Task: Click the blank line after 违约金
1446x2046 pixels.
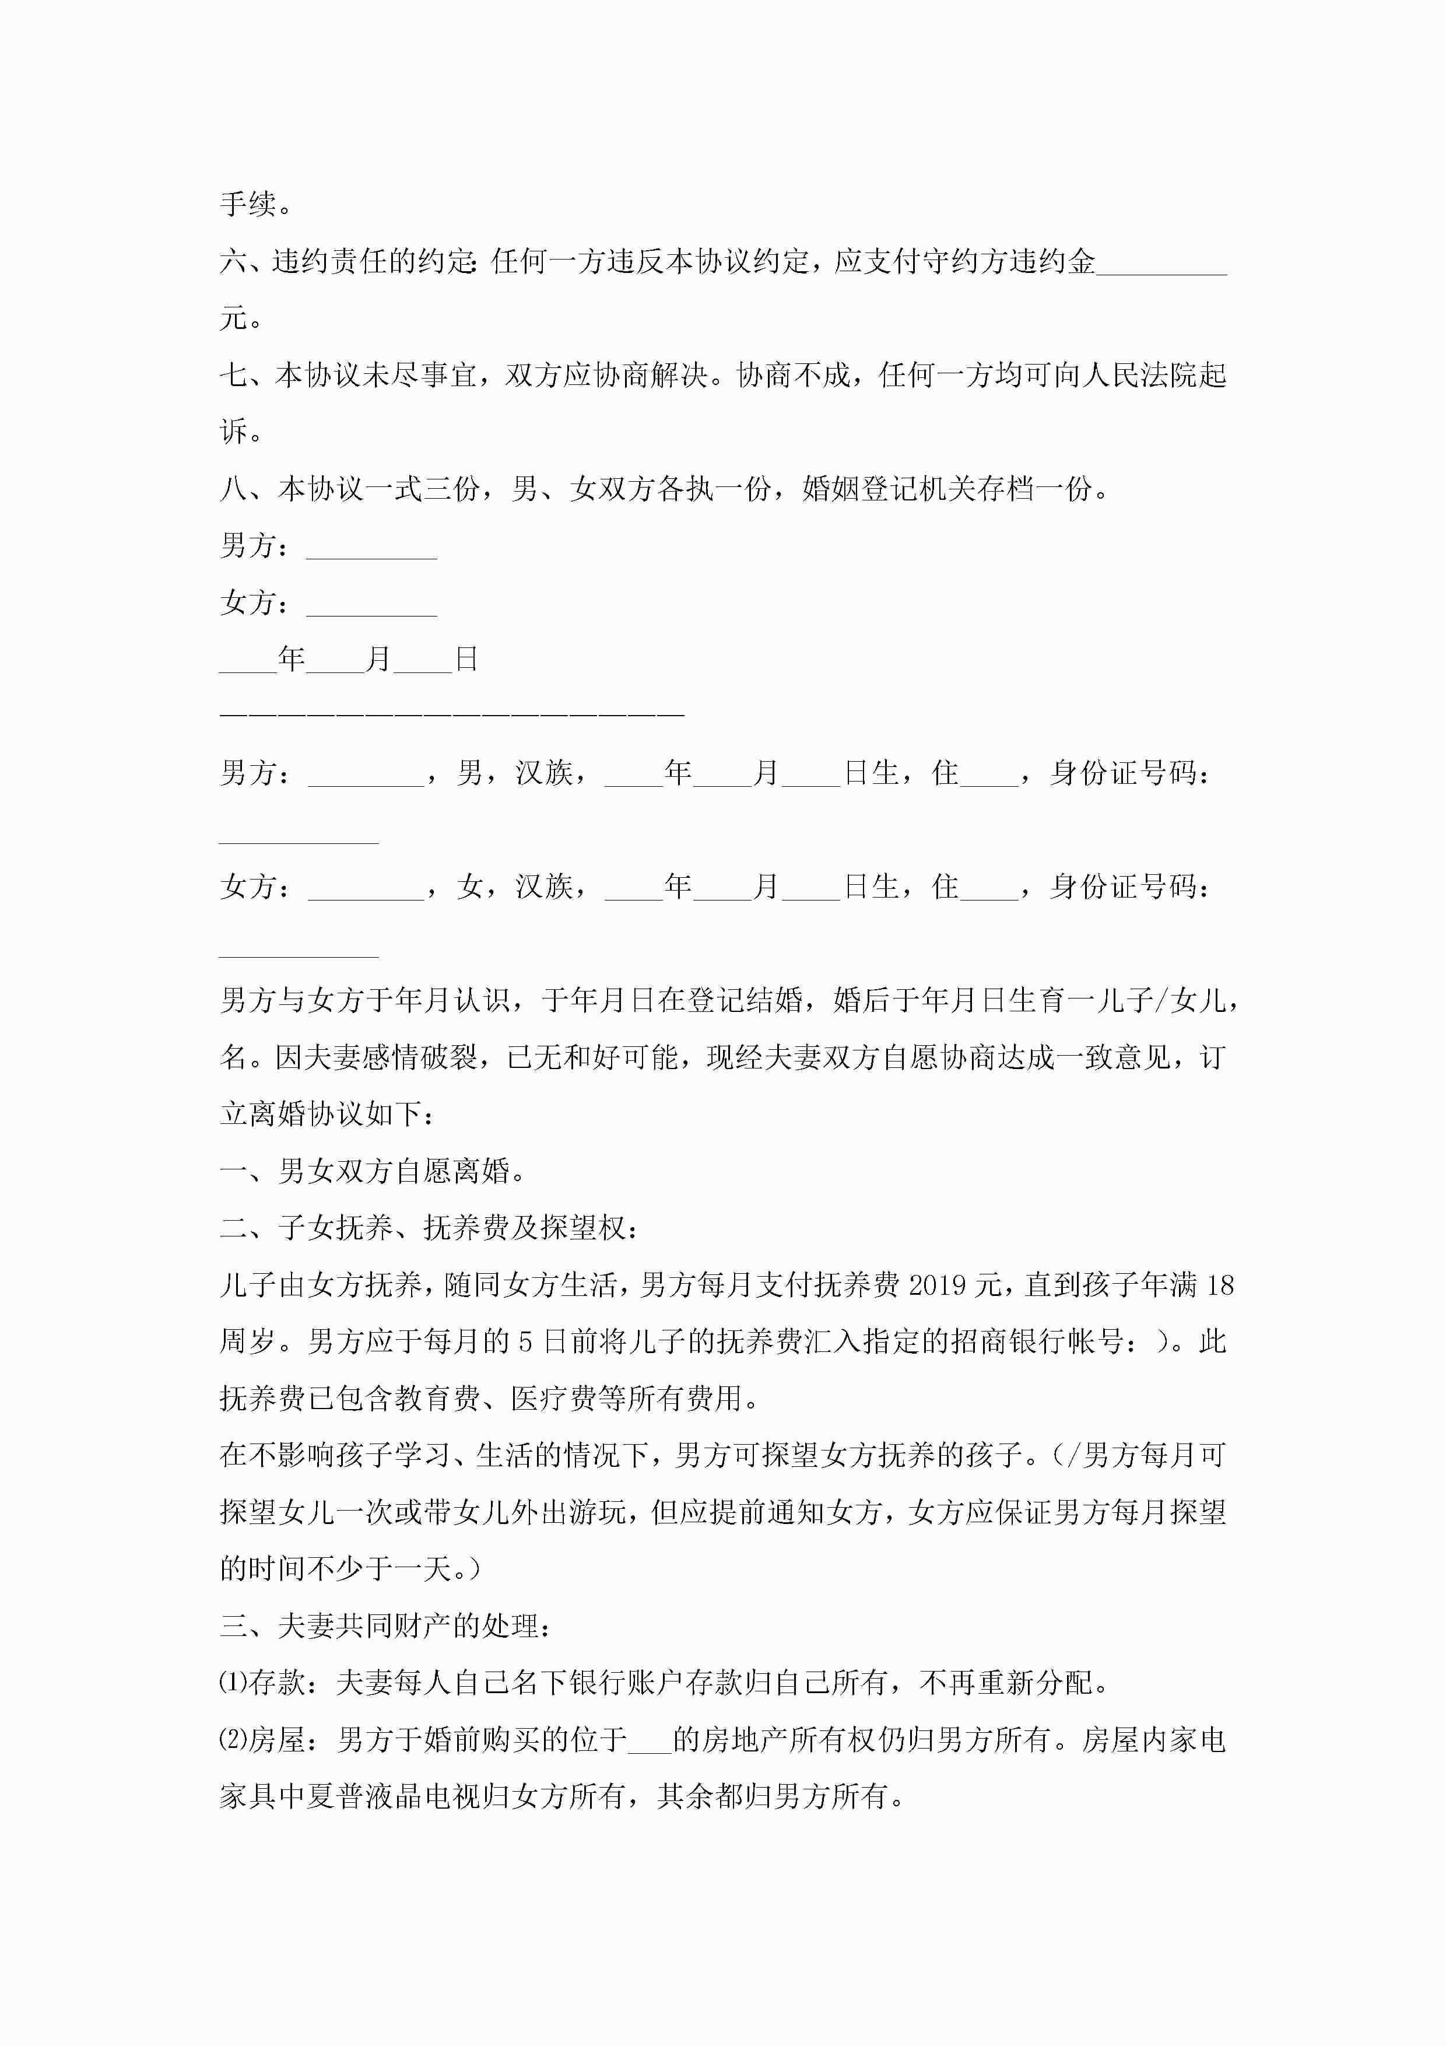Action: (1161, 264)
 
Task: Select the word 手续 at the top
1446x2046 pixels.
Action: (248, 204)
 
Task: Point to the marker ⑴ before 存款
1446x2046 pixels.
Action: (233, 1683)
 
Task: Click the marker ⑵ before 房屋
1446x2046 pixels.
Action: (233, 1740)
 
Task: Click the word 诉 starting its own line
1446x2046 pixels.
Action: (233, 432)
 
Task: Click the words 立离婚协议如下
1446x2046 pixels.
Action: (321, 1114)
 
